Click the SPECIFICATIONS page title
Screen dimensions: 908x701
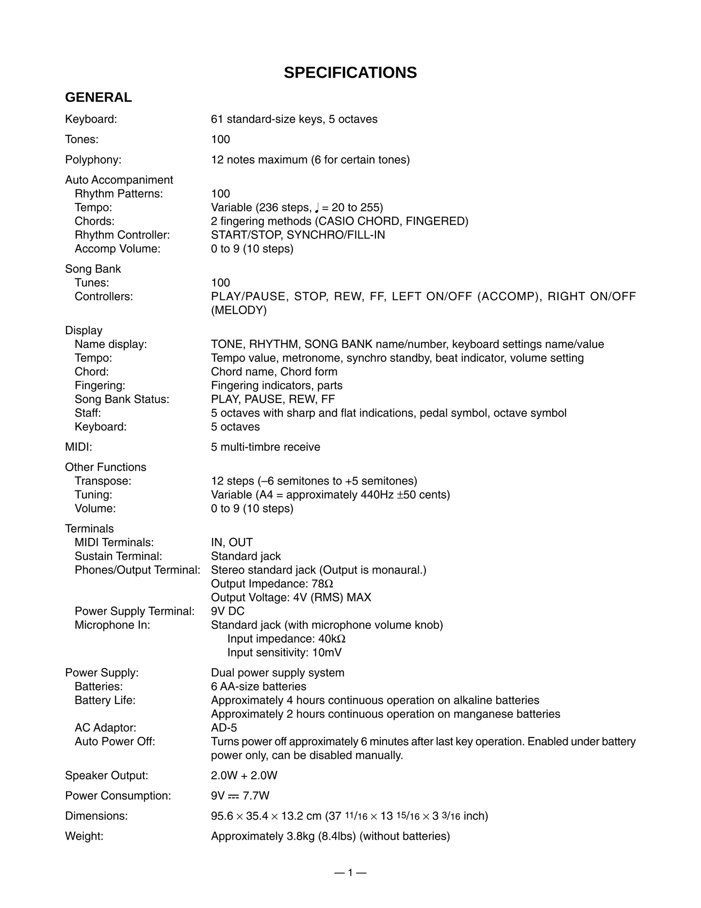350,73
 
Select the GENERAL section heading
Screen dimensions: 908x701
98,98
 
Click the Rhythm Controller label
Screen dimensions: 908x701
122,235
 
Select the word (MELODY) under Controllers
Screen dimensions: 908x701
239,310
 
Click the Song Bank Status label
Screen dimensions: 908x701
122,400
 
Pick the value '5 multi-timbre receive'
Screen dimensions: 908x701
265,447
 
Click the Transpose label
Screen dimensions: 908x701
103,481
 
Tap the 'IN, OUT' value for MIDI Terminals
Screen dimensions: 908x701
231,542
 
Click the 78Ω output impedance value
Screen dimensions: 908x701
326,584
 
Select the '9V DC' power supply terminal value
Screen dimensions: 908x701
228,611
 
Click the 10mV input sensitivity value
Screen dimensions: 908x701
326,653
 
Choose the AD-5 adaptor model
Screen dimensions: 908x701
224,728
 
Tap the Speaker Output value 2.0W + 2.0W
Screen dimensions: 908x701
244,775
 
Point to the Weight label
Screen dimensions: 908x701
84,836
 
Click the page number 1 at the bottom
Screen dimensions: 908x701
350,873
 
